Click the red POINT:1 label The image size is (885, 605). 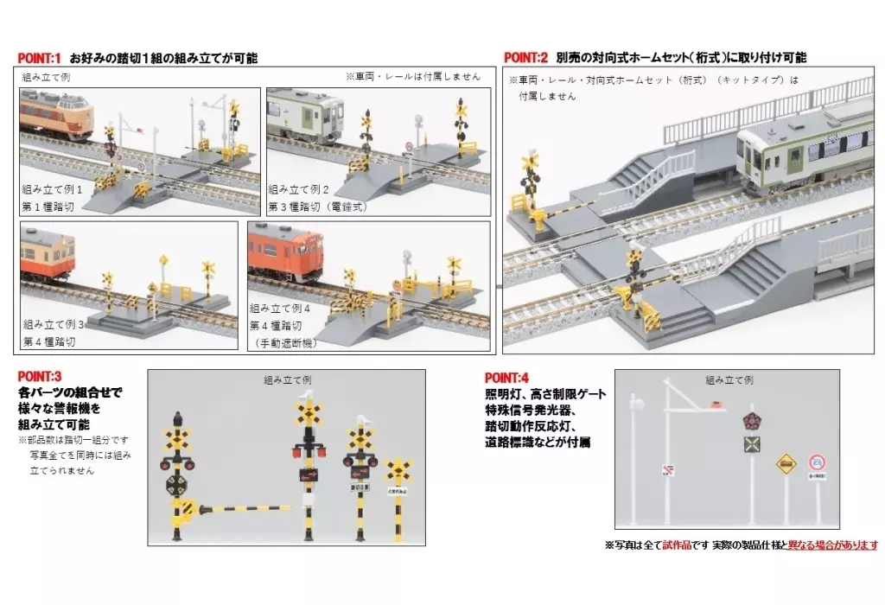(x=39, y=58)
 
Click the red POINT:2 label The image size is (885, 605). (x=525, y=58)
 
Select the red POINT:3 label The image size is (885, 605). (x=39, y=376)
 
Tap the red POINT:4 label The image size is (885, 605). (x=506, y=378)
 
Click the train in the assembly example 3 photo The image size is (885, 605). (x=48, y=252)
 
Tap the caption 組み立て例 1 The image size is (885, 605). (x=53, y=188)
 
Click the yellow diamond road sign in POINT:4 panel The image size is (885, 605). (x=785, y=464)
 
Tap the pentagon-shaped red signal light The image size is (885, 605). (x=752, y=422)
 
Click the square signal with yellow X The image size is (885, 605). (x=752, y=444)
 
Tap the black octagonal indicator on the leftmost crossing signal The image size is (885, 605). (x=177, y=482)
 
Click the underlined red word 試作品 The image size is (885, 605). (x=678, y=545)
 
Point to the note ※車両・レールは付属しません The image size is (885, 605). (x=411, y=76)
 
